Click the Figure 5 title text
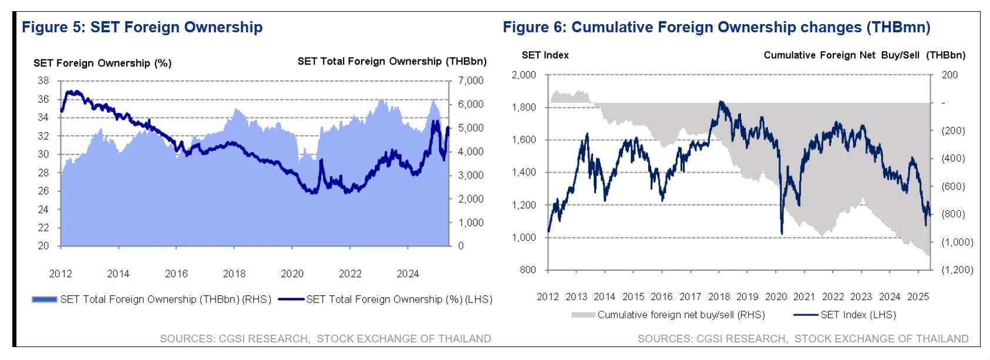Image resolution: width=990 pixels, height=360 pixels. pyautogui.click(x=142, y=27)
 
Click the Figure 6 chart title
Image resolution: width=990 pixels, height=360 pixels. pyautogui.click(x=716, y=27)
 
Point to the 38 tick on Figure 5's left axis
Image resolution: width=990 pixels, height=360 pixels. pyautogui.click(x=43, y=80)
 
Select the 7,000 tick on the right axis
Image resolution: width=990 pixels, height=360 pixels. pyautogui.click(x=470, y=80)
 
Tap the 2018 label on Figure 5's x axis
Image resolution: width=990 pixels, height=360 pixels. pyautogui.click(x=234, y=274)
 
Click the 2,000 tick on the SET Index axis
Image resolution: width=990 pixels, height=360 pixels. pyautogui.click(x=523, y=75)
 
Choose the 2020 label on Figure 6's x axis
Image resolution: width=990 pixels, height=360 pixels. pyautogui.click(x=776, y=297)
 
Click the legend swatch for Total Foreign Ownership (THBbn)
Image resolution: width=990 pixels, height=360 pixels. pyautogui.click(x=45, y=300)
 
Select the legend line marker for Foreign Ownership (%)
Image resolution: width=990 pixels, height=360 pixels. pyautogui.click(x=291, y=300)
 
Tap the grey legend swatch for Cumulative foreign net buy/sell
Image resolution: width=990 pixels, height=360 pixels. pyautogui.click(x=583, y=315)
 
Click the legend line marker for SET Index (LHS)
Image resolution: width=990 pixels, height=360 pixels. pyautogui.click(x=806, y=315)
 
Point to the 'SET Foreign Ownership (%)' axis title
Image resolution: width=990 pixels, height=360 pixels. pyautogui.click(x=102, y=63)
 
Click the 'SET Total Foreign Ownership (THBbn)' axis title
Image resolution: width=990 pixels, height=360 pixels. pyautogui.click(x=392, y=61)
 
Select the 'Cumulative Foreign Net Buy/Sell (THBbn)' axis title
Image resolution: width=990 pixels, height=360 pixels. pyautogui.click(x=864, y=55)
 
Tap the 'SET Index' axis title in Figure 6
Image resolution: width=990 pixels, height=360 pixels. pyautogui.click(x=545, y=55)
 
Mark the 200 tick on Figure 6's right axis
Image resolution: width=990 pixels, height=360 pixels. pyautogui.click(x=949, y=75)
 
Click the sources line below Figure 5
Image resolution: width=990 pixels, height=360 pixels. pyautogui.click(x=325, y=339)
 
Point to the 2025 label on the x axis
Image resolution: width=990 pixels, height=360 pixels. pyautogui.click(x=918, y=297)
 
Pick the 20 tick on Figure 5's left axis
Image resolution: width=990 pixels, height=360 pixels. pyautogui.click(x=43, y=246)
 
